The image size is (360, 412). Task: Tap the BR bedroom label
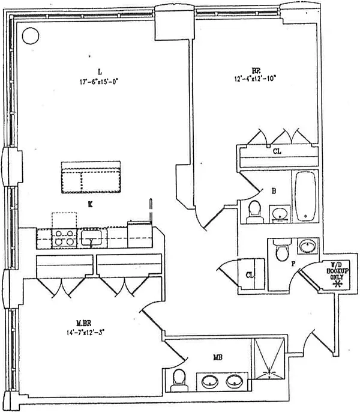coord(238,70)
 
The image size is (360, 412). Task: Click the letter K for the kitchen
coord(90,205)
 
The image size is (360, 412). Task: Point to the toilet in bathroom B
coord(254,211)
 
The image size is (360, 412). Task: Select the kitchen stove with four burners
coord(64,238)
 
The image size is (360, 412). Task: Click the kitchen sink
coord(92,238)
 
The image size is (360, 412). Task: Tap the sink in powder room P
coord(306,247)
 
